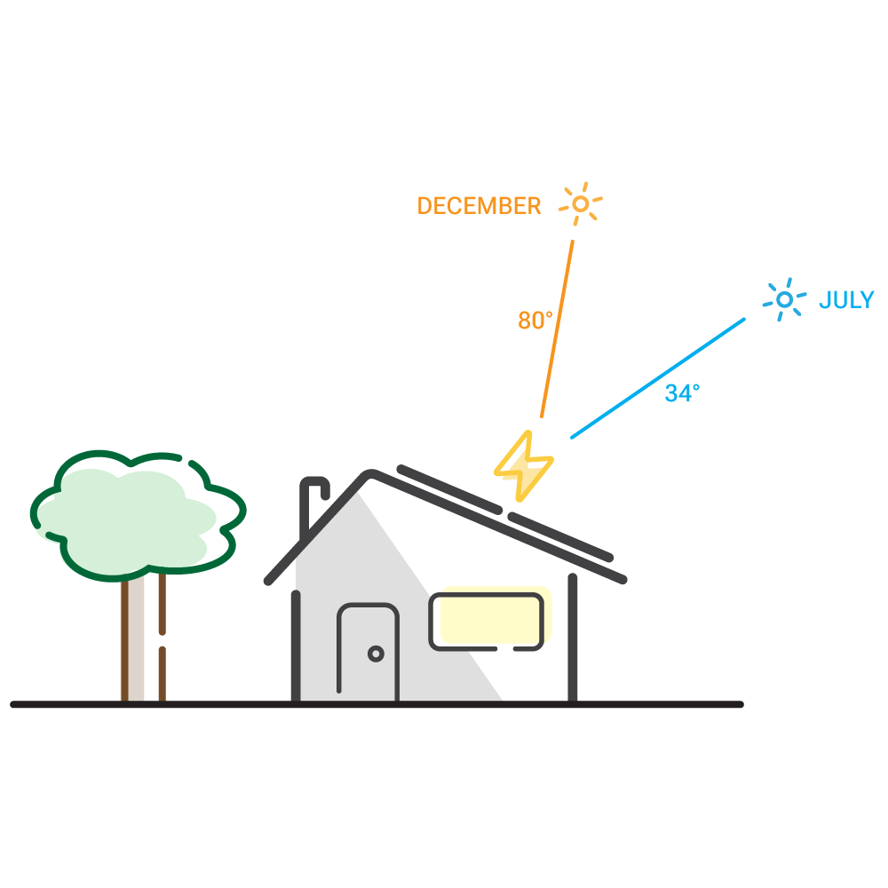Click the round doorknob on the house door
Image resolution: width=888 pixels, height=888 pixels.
point(376,654)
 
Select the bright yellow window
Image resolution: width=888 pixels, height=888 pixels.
point(487,620)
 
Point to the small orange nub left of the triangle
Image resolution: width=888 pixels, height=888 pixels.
point(531,326)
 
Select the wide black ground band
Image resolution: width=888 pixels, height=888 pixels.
point(444,790)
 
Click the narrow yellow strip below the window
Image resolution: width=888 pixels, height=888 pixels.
point(556,675)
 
